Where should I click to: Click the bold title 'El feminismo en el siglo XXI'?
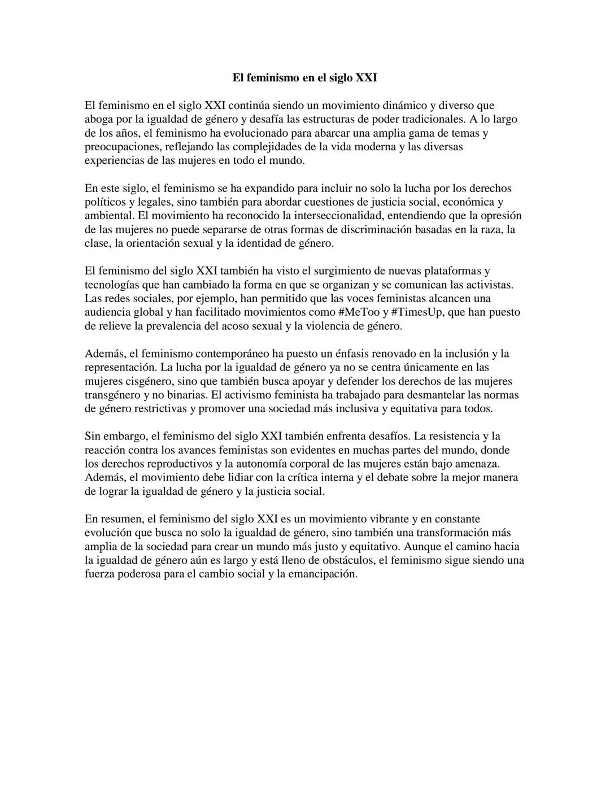click(x=304, y=78)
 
